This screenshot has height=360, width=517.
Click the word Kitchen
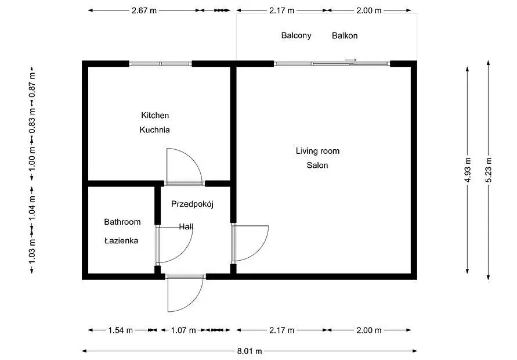[155, 115]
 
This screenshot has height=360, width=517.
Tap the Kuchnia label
[155, 129]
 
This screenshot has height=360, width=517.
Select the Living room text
[317, 151]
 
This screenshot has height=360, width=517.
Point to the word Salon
[317, 165]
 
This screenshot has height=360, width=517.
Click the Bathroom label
[122, 222]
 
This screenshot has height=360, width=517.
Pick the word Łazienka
[121, 240]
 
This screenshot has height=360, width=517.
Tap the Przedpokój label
[192, 204]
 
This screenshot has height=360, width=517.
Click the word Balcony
[296, 35]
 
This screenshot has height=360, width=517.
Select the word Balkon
[345, 35]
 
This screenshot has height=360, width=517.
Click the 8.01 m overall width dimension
[250, 351]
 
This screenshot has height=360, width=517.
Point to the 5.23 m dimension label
[489, 170]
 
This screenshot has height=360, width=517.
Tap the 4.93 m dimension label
[468, 170]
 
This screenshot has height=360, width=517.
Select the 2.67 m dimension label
[144, 10]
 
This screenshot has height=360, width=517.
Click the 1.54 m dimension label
[120, 330]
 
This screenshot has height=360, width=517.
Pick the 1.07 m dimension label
[183, 330]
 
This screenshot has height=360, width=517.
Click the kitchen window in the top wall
[160, 64]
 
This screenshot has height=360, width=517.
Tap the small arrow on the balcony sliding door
[351, 60]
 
